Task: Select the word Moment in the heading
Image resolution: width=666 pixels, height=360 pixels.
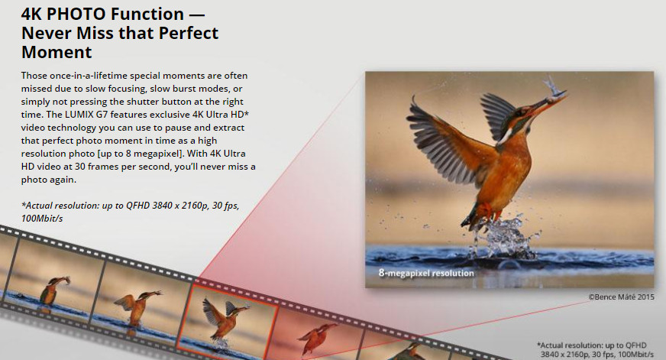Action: click(57, 52)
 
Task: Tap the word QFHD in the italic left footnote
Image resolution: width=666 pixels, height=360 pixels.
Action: click(138, 206)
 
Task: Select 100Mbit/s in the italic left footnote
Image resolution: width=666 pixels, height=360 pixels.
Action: click(42, 219)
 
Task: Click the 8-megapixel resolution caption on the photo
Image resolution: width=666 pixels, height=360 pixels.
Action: click(426, 273)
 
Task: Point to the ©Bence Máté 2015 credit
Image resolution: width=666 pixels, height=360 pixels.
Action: click(621, 297)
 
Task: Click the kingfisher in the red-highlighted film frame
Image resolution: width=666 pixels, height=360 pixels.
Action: click(225, 319)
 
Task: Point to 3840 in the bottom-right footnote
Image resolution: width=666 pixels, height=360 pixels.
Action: click(551, 355)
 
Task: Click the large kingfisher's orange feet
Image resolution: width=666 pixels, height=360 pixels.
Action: click(484, 211)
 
